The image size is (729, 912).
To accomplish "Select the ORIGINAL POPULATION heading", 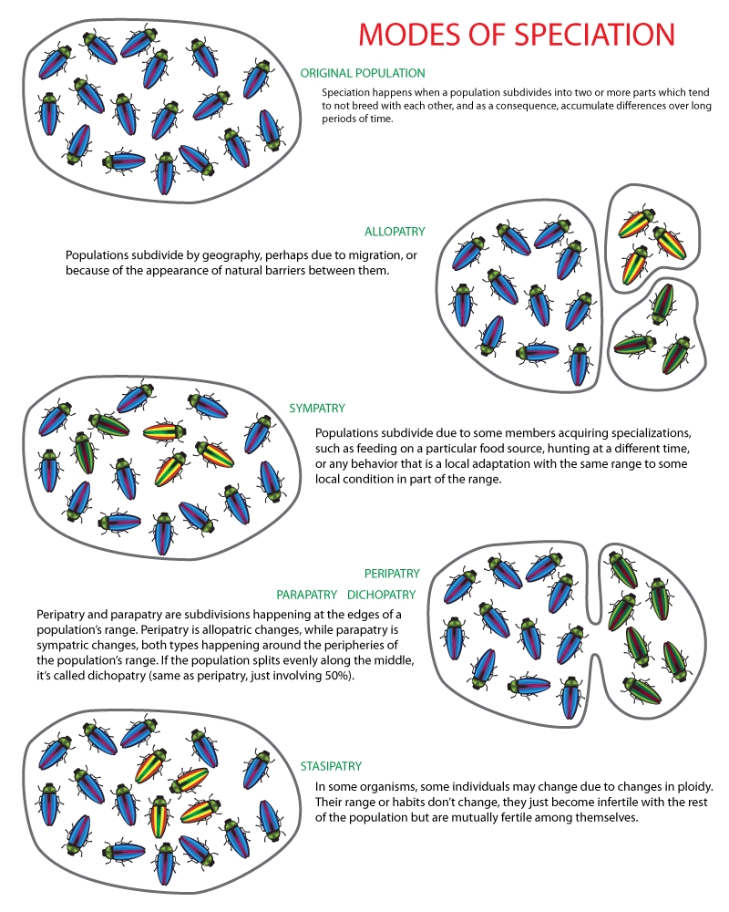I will point(363,73).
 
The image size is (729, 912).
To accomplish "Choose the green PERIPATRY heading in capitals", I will point(392,574).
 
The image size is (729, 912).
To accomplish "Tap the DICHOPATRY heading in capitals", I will point(381,595).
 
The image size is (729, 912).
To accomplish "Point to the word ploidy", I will point(691,786).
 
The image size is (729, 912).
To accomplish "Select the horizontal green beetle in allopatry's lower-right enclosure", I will point(635,344).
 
